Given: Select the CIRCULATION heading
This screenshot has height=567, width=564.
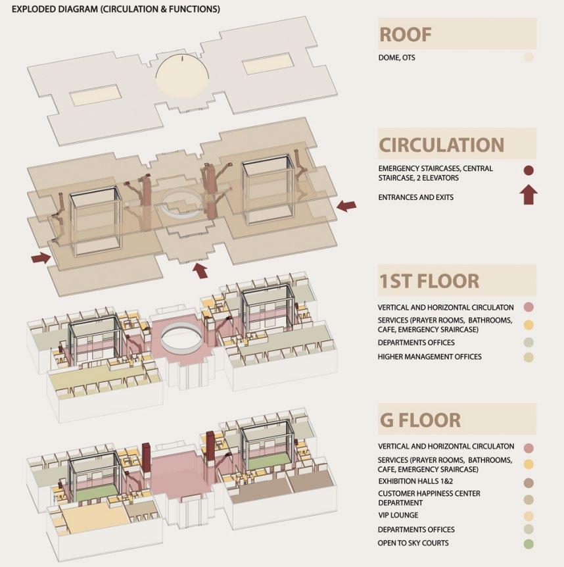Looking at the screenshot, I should (x=442, y=144).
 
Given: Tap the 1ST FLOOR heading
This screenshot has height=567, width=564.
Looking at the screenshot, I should (x=429, y=281).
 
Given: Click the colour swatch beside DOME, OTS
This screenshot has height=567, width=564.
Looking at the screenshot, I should (x=529, y=58).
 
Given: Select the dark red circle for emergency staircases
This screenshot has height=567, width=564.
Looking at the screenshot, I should (x=529, y=170).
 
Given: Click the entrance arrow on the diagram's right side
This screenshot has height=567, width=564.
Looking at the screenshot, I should (x=346, y=206).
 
